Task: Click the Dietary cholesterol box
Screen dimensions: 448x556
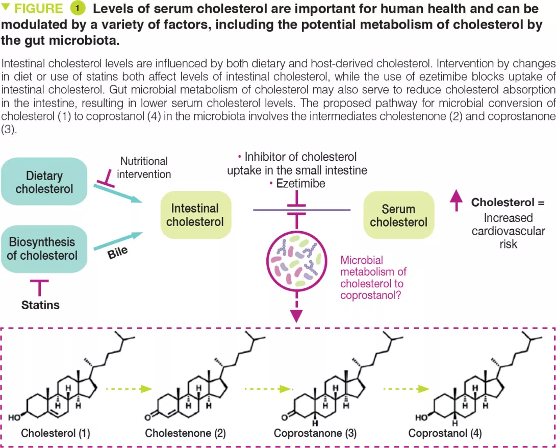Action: (x=44, y=182)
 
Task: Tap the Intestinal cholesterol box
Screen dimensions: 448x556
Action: (x=195, y=215)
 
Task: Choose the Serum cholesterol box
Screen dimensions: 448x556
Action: (x=398, y=215)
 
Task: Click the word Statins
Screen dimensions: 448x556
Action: (x=40, y=305)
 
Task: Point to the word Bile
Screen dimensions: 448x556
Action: (x=118, y=252)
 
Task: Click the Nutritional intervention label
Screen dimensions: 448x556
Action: (x=144, y=167)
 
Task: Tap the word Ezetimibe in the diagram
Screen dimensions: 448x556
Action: (x=300, y=184)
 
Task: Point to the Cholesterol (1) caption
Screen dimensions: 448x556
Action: (x=56, y=433)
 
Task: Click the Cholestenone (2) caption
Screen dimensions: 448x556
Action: (x=185, y=433)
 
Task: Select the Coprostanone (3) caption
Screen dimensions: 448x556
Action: (x=315, y=433)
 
